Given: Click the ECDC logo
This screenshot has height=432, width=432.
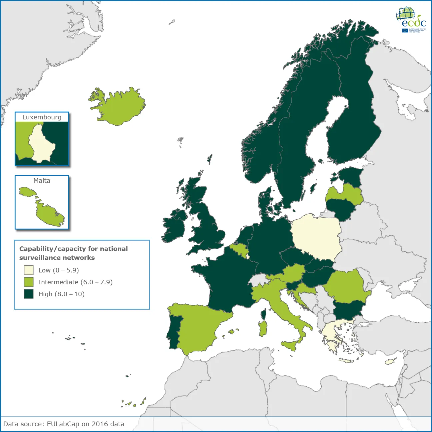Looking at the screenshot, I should point(411,20).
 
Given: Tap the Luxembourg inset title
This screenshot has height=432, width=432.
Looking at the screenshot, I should point(42,117).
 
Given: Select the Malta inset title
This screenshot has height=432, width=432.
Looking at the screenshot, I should point(42,181).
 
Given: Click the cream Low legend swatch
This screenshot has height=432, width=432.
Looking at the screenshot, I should point(29,270).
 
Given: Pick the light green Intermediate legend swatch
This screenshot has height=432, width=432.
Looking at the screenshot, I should point(29,282).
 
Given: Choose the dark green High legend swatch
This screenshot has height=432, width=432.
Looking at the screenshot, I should point(29,294).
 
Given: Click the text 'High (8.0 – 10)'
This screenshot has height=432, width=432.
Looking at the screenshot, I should point(61,294).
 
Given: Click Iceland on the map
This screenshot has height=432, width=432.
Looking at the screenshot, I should point(120,107).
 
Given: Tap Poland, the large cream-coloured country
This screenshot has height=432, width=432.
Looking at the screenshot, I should point(315,237).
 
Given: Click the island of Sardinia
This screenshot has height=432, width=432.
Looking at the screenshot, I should point(263,328).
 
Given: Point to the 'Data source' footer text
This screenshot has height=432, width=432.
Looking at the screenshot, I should point(64,424).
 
